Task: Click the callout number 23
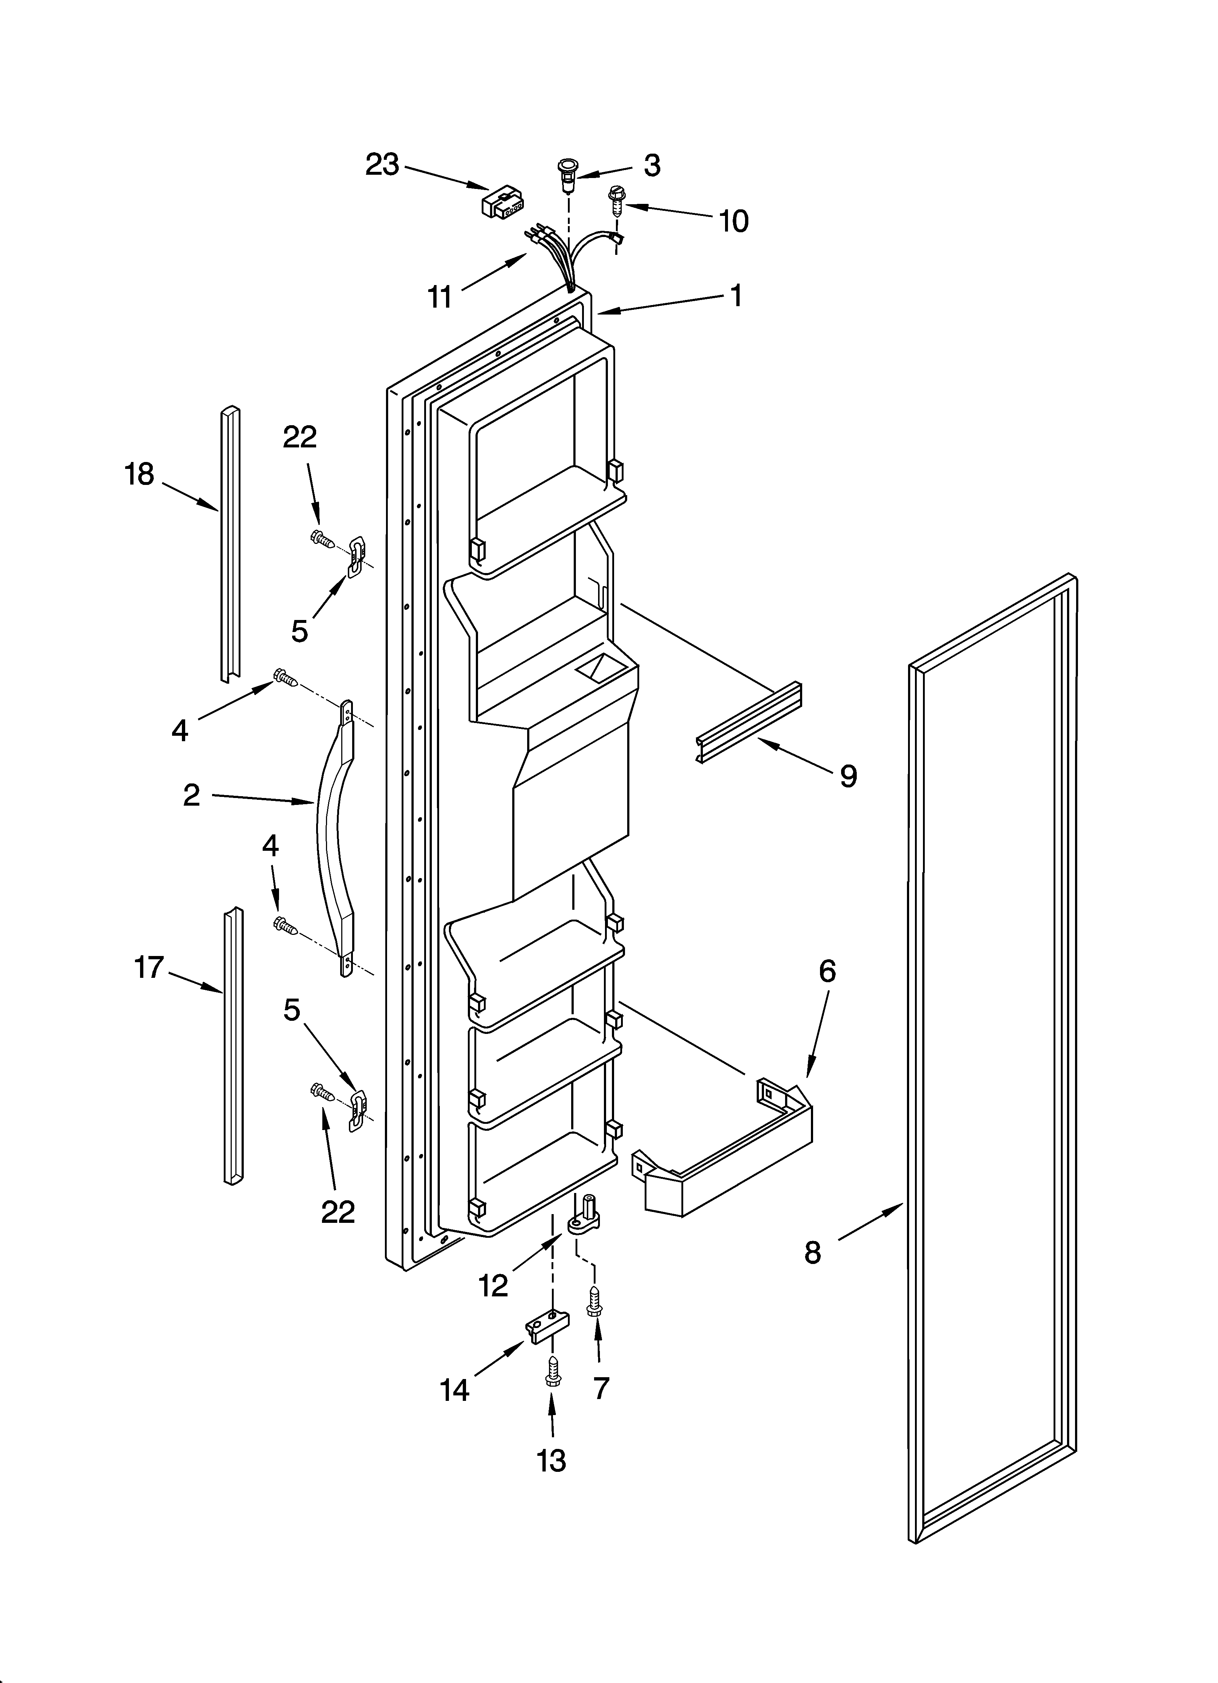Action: pos(382,165)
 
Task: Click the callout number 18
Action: pos(139,474)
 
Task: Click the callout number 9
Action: pos(848,776)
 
